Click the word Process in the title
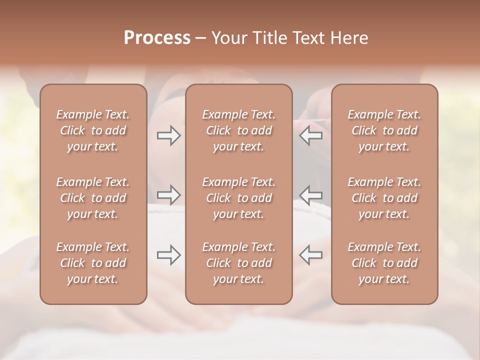click(x=157, y=38)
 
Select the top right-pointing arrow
click(x=169, y=135)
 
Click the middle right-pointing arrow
click(x=169, y=194)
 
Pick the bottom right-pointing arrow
click(x=169, y=255)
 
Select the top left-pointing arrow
click(x=311, y=135)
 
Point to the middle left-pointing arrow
click(x=311, y=194)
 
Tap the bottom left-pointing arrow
click(x=311, y=255)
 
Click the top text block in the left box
click(x=93, y=130)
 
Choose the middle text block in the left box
click(x=93, y=198)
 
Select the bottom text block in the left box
click(x=93, y=263)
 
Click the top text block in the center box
click(x=239, y=130)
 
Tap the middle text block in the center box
click(x=239, y=198)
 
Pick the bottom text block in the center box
click(x=239, y=263)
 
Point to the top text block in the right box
click(x=384, y=130)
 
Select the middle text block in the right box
click(x=384, y=198)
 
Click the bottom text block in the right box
click(x=384, y=263)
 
